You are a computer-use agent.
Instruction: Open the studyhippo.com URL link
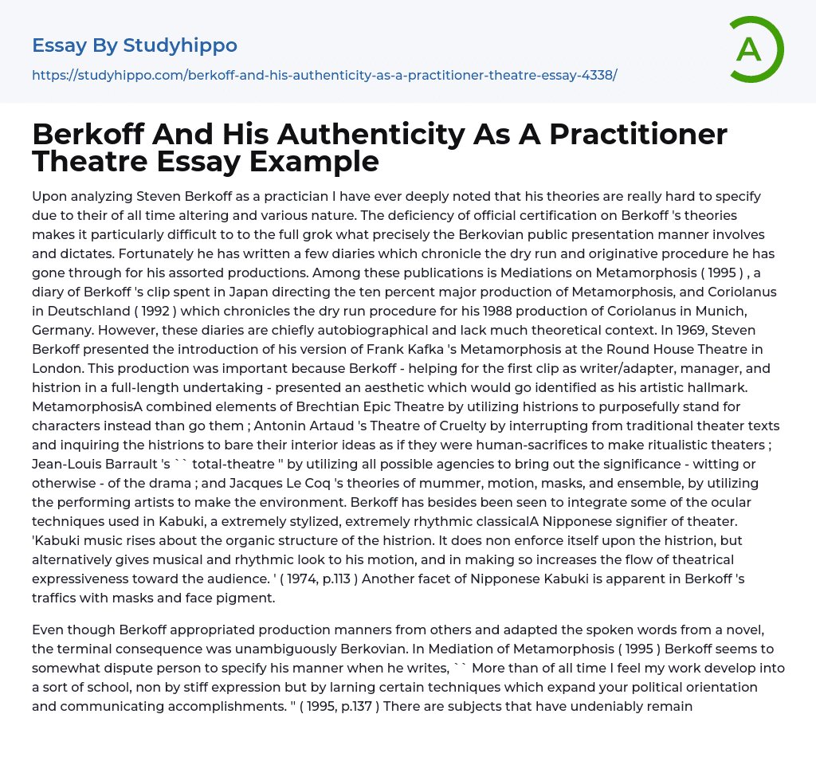tap(324, 75)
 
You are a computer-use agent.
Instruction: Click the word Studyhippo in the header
tap(180, 45)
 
